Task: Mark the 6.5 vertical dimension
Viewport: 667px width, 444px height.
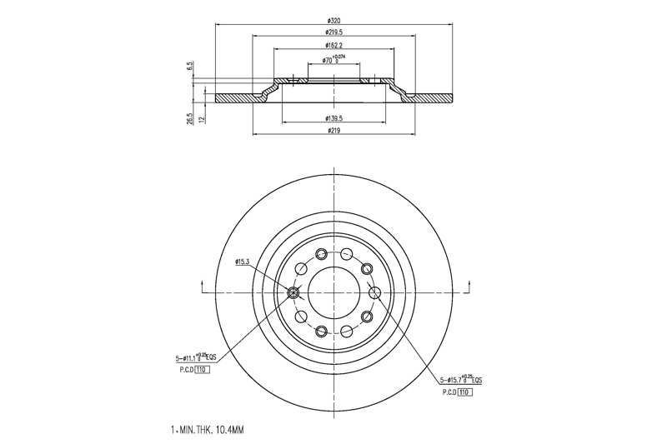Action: (191, 65)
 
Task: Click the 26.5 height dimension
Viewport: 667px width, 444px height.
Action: (191, 119)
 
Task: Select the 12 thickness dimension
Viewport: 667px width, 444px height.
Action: (203, 118)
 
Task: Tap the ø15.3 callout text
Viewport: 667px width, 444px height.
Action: (243, 262)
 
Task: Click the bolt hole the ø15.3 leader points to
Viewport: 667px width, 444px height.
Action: (293, 292)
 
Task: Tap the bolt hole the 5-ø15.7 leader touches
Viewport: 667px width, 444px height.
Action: (374, 292)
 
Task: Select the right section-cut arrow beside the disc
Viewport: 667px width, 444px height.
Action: (468, 288)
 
